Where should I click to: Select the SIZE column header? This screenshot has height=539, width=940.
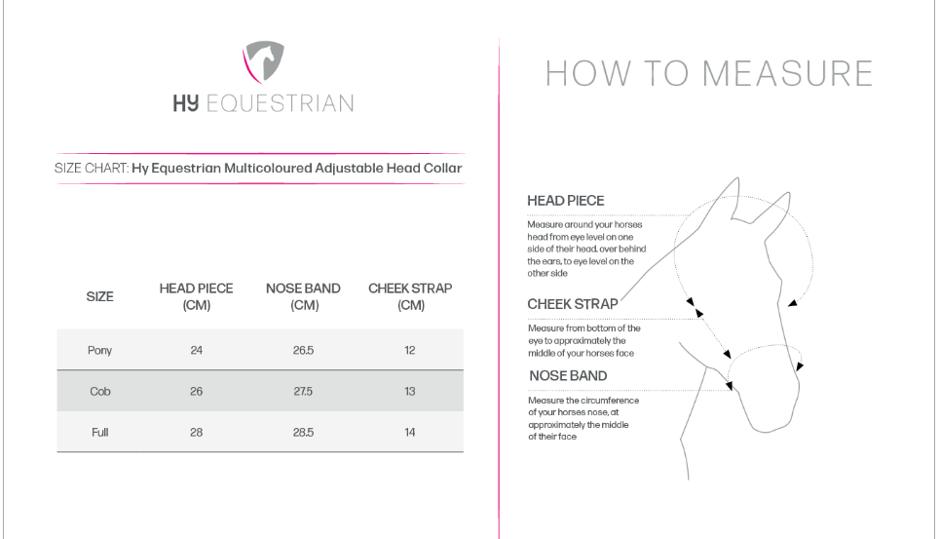click(x=100, y=297)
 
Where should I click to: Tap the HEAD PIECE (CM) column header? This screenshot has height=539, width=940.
click(x=196, y=297)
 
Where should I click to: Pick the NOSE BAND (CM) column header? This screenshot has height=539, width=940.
click(x=303, y=297)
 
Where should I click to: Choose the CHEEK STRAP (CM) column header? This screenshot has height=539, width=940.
click(x=410, y=297)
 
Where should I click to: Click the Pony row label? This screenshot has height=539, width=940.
click(x=100, y=351)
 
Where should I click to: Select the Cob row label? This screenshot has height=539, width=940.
click(x=100, y=392)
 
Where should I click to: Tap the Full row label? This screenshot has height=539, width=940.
click(x=100, y=432)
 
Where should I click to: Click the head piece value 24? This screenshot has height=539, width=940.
click(x=196, y=351)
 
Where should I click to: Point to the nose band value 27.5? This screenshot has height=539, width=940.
click(x=303, y=392)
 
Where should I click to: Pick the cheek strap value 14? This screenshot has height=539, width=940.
click(x=410, y=432)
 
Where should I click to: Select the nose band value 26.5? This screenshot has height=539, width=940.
click(x=303, y=351)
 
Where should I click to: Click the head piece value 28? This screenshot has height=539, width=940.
click(x=196, y=432)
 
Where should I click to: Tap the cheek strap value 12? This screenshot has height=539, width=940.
click(x=410, y=351)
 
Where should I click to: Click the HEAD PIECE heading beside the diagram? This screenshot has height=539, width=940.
click(x=566, y=201)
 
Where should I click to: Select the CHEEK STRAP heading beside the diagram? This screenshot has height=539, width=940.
click(x=573, y=304)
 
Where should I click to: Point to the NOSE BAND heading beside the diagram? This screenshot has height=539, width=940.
click(x=568, y=376)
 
